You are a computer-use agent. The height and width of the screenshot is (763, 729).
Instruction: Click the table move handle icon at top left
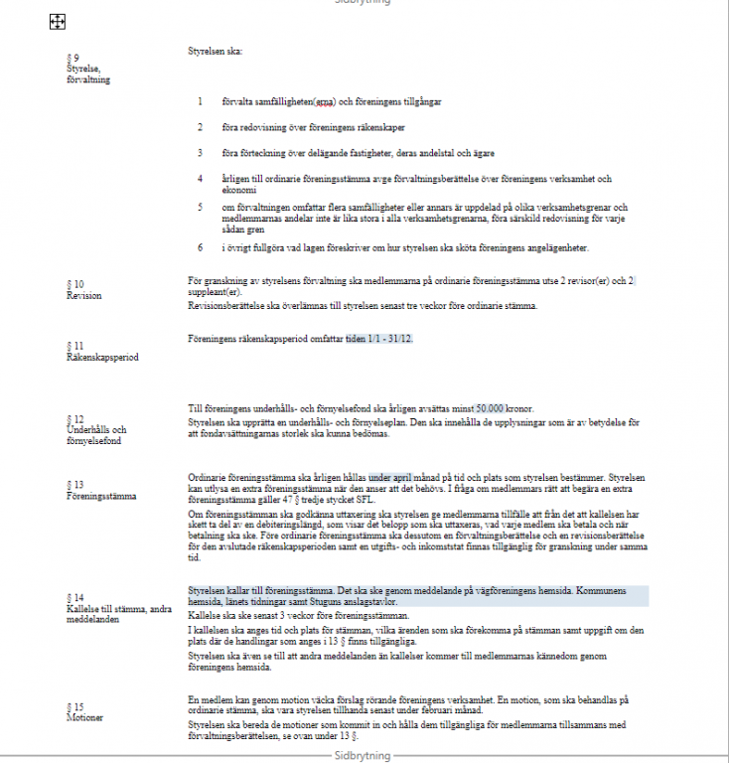58,21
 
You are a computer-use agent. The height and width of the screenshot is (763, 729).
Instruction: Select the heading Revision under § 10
83,296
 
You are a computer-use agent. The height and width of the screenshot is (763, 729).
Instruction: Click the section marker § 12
75,418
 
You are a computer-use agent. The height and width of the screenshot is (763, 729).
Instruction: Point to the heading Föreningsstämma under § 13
101,495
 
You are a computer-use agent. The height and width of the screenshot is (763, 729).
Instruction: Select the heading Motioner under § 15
86,716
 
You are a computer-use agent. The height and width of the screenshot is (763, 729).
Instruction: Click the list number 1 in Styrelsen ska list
200,102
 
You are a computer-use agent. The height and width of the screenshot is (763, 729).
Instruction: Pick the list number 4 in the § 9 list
200,179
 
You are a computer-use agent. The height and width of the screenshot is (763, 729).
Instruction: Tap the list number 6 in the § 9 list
200,247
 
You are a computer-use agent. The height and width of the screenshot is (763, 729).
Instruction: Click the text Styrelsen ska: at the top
215,51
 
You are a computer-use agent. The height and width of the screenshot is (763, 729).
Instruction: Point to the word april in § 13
411,477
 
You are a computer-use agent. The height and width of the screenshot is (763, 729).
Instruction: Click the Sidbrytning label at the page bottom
363,756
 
